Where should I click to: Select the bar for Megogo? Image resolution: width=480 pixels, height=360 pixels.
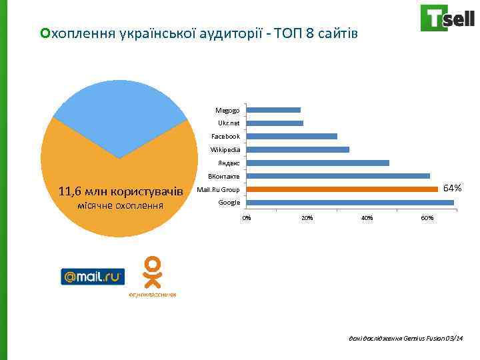(273, 110)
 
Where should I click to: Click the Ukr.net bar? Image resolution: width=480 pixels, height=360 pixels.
(275, 123)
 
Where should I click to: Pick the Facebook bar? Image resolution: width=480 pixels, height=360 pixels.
(291, 136)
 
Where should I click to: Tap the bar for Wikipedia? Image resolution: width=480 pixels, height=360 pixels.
(297, 149)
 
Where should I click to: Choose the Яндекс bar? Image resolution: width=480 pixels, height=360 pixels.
(317, 163)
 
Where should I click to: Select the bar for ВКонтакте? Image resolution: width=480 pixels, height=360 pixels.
(338, 176)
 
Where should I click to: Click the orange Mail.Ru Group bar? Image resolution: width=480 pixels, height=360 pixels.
(342, 189)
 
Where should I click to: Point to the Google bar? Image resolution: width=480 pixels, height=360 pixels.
(350, 203)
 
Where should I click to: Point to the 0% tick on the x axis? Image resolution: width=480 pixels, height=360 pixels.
(247, 218)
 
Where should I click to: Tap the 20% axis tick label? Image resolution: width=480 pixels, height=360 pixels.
(307, 218)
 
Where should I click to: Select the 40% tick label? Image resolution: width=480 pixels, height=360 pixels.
(367, 218)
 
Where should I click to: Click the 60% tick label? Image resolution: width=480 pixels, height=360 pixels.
(427, 218)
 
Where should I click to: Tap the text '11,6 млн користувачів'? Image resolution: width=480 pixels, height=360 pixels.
(120, 192)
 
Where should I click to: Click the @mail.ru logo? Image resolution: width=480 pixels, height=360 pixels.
(93, 276)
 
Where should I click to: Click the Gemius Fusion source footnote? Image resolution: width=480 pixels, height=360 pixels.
(401, 338)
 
